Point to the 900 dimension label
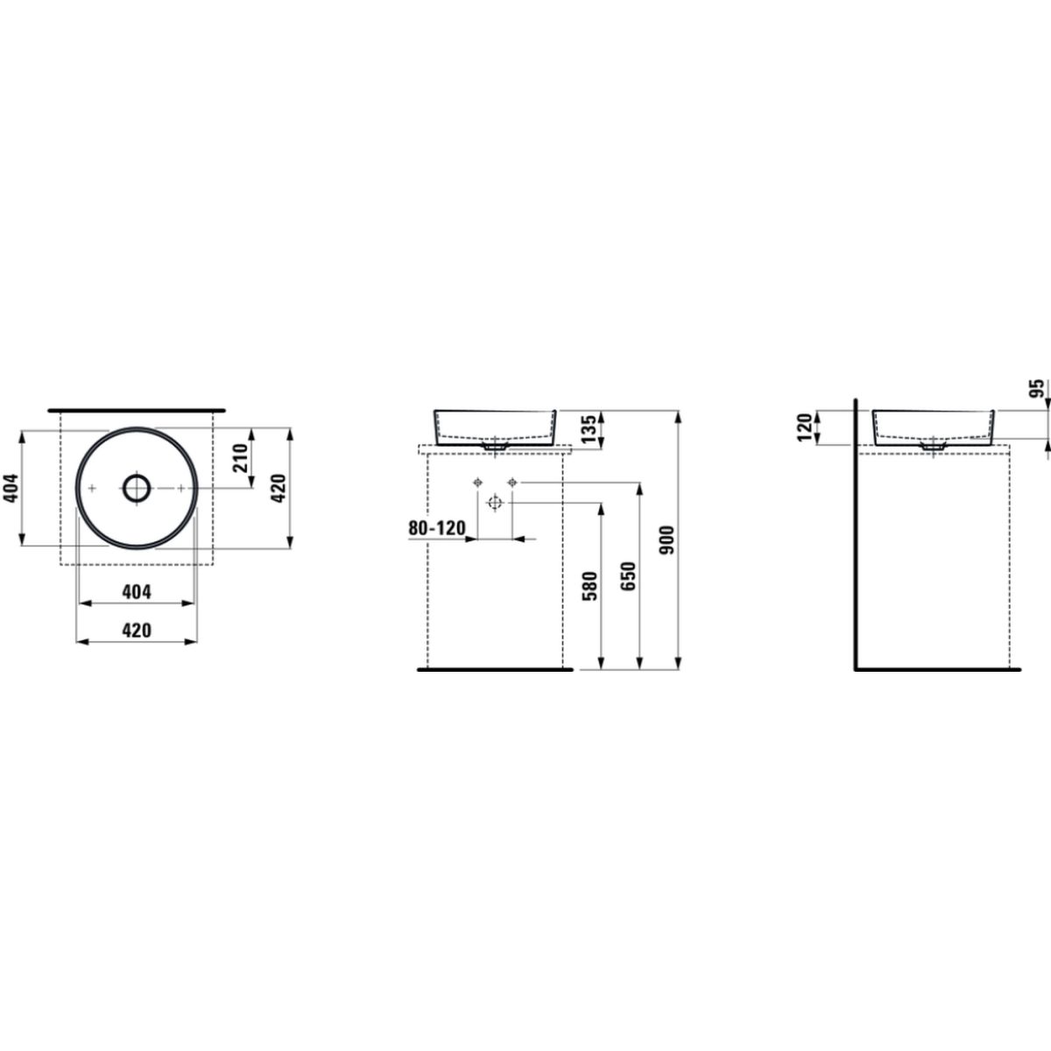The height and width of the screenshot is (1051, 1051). click(667, 540)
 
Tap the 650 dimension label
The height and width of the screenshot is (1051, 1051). click(629, 576)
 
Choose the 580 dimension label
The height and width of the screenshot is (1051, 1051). click(590, 586)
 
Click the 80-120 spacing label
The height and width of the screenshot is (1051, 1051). click(437, 528)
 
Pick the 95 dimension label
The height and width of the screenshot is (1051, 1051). click(1037, 388)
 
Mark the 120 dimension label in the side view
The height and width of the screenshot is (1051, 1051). click(805, 427)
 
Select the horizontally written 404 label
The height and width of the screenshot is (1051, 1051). click(136, 592)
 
